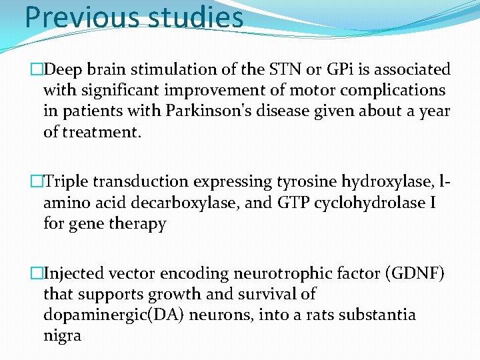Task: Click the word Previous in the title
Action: [x=73, y=18]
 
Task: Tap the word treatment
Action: [x=92, y=132]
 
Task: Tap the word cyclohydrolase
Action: [x=375, y=203]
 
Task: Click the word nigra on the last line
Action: [x=62, y=336]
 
